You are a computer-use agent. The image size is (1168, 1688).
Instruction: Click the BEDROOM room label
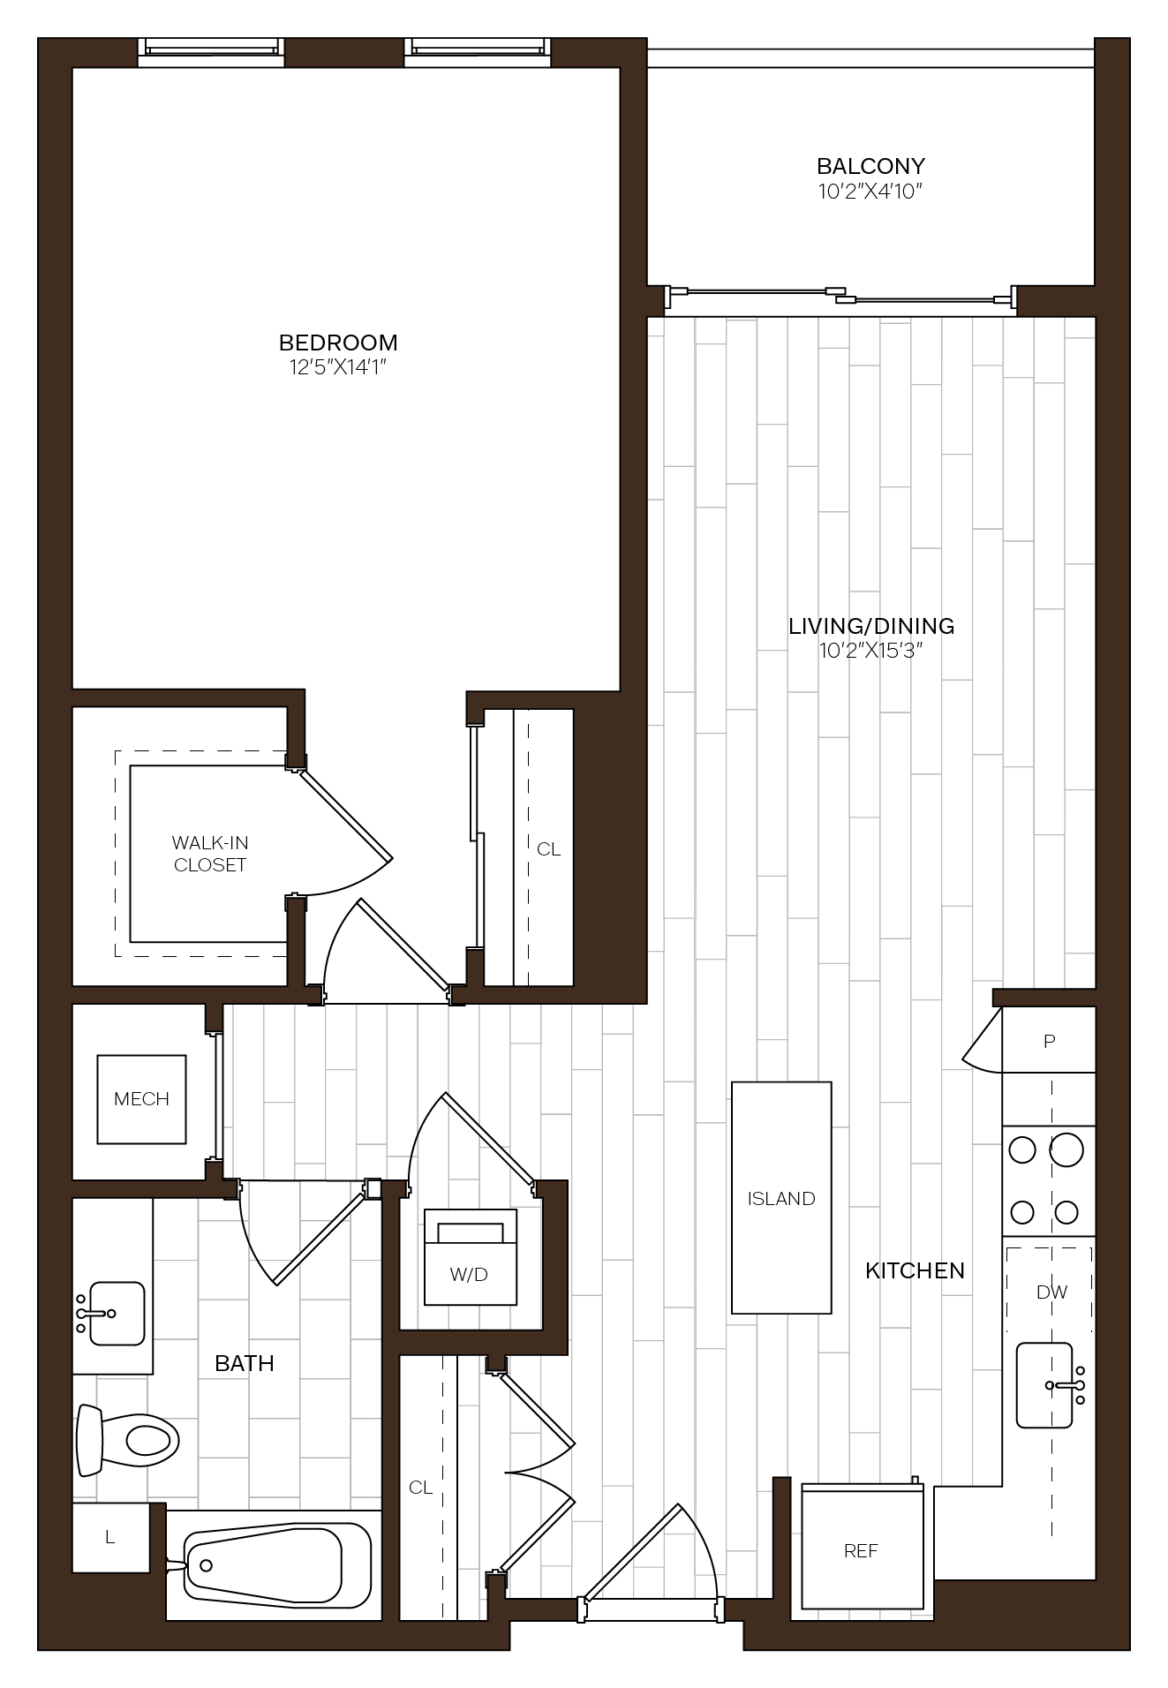click(x=338, y=343)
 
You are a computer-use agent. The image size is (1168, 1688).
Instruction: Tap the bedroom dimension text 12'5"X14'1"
click(x=338, y=367)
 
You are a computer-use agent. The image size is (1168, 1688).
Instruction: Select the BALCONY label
click(x=870, y=166)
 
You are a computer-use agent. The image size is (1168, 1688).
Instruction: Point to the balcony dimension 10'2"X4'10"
click(x=870, y=191)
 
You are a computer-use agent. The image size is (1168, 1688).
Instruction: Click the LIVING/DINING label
click(x=871, y=626)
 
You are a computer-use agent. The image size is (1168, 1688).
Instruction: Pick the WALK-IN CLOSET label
click(x=210, y=854)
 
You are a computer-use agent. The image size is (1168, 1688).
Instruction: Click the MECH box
click(x=141, y=1099)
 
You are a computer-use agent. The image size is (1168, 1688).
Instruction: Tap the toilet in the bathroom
click(x=128, y=1440)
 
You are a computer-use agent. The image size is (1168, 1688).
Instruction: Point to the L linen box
click(x=110, y=1537)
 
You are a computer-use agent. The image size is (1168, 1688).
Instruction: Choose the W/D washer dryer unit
click(x=471, y=1257)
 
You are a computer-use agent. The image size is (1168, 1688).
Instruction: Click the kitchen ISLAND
click(x=781, y=1198)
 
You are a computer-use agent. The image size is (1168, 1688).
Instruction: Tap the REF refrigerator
click(x=863, y=1547)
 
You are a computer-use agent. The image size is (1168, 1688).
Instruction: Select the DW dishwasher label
click(x=1051, y=1292)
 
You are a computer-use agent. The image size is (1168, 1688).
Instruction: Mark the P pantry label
click(x=1050, y=1042)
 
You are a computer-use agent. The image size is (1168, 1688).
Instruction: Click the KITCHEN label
click(x=915, y=1270)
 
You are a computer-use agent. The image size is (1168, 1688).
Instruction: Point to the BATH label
click(x=245, y=1363)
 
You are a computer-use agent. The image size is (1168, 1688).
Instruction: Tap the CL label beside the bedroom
click(x=548, y=849)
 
